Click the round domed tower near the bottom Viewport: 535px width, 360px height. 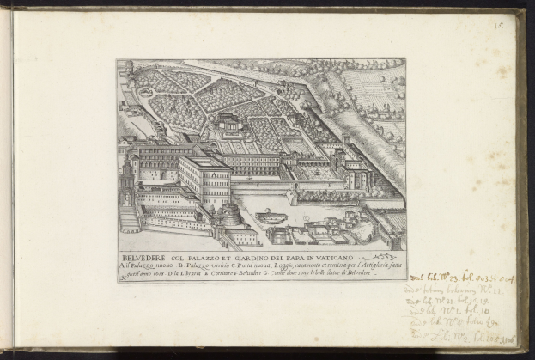232,213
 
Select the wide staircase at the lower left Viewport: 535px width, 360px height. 129,219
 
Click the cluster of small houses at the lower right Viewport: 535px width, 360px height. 343,230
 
